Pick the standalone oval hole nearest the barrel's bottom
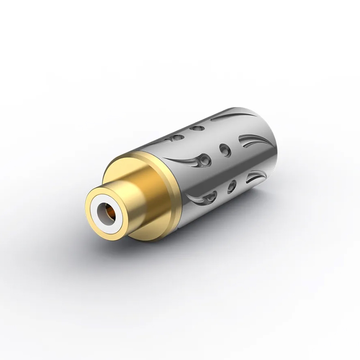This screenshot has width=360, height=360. (x=232, y=184)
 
